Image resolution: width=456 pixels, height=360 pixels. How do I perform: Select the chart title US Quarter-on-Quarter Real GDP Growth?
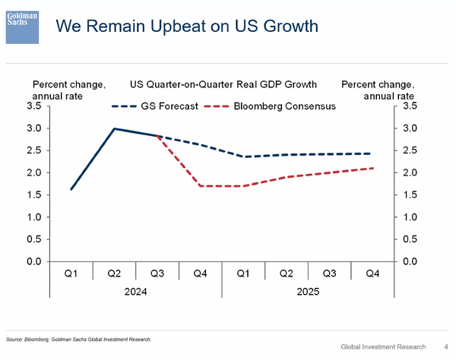[223, 84]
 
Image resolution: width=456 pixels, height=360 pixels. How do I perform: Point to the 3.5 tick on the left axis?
[33, 107]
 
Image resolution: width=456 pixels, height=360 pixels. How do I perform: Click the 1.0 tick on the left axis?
[33, 217]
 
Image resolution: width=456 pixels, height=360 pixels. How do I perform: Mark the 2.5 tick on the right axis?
[410, 151]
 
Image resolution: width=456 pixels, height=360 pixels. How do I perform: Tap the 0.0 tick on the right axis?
[410, 261]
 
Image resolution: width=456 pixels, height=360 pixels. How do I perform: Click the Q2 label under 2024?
[113, 273]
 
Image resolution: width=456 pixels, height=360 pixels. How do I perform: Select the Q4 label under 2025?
[373, 273]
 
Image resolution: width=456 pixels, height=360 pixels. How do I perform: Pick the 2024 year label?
[135, 291]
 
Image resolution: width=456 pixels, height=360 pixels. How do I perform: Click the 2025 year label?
[309, 291]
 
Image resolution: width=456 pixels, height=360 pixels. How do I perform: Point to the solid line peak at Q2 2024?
[114, 128]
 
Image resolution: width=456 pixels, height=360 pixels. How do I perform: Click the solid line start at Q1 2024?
[71, 189]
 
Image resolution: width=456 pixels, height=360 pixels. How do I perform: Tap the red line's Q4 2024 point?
[201, 186]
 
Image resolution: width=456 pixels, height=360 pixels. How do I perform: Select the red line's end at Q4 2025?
[373, 168]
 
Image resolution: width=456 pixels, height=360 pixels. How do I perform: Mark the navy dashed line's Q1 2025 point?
[244, 156]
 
